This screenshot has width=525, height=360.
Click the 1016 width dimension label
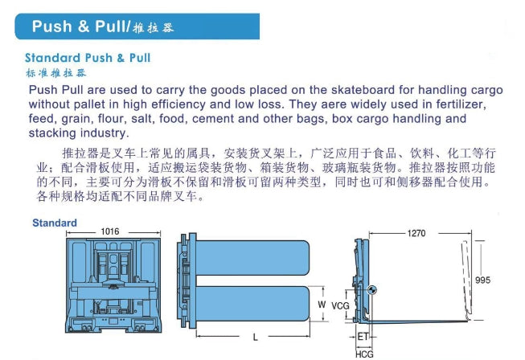pyautogui.click(x=110, y=231)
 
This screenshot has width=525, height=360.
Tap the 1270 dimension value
pyautogui.click(x=416, y=233)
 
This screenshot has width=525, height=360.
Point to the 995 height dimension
pyautogui.click(x=483, y=280)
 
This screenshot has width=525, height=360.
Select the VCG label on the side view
pyautogui.click(x=340, y=306)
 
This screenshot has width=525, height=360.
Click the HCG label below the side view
pyautogui.click(x=364, y=354)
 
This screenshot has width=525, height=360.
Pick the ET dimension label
pyautogui.click(x=363, y=337)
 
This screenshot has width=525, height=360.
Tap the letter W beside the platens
pyautogui.click(x=322, y=305)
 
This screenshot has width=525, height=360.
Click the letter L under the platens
pyautogui.click(x=256, y=337)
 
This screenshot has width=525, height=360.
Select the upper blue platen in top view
pyautogui.click(x=252, y=258)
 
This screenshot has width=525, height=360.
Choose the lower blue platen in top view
pyautogui.click(x=252, y=304)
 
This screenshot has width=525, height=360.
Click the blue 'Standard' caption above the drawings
pyautogui.click(x=55, y=223)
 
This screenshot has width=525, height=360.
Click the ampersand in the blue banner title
pyautogui.click(x=84, y=27)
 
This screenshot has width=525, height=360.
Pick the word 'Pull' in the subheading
pyautogui.click(x=140, y=58)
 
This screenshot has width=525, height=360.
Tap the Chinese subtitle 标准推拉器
pyautogui.click(x=56, y=73)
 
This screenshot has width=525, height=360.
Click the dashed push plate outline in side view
pyautogui.click(x=467, y=278)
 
